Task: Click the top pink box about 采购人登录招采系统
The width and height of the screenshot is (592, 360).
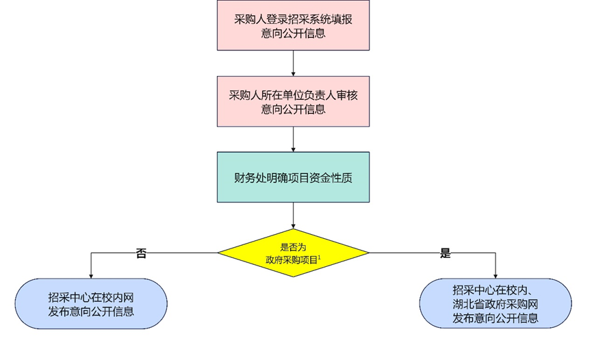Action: pyautogui.click(x=293, y=25)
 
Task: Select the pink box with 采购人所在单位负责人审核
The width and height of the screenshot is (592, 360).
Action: pyautogui.click(x=293, y=101)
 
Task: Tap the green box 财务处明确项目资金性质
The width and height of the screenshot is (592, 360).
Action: pyautogui.click(x=293, y=177)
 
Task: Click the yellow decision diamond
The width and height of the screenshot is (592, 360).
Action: pyautogui.click(x=293, y=253)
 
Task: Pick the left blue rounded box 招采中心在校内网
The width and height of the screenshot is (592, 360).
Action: pyautogui.click(x=91, y=304)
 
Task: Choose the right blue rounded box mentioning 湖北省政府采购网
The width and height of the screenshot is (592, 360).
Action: pyautogui.click(x=496, y=304)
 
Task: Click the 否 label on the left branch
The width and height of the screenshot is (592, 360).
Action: pyautogui.click(x=141, y=253)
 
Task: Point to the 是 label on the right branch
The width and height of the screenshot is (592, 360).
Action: pyautogui.click(x=446, y=253)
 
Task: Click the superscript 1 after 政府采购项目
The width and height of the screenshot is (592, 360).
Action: pyautogui.click(x=320, y=257)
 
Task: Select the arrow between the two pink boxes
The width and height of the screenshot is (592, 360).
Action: pyautogui.click(x=293, y=63)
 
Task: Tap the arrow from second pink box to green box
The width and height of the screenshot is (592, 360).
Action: pyautogui.click(x=293, y=140)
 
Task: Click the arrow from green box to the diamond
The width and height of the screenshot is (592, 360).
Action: pyautogui.click(x=293, y=216)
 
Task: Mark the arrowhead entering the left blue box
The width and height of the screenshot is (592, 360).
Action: pyautogui.click(x=91, y=276)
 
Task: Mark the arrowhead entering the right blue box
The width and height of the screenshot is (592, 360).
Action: pyautogui.click(x=496, y=276)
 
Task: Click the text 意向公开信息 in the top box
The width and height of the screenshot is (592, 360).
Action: pyautogui.click(x=293, y=34)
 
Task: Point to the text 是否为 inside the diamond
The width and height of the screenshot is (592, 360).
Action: pyautogui.click(x=293, y=248)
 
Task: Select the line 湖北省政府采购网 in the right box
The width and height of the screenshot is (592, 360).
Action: pyautogui.click(x=496, y=304)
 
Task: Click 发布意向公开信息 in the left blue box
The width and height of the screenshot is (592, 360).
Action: pyautogui.click(x=91, y=311)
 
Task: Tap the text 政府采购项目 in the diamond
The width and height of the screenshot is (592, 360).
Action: pyautogui.click(x=292, y=260)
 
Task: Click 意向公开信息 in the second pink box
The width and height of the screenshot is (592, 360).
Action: pyautogui.click(x=293, y=110)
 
